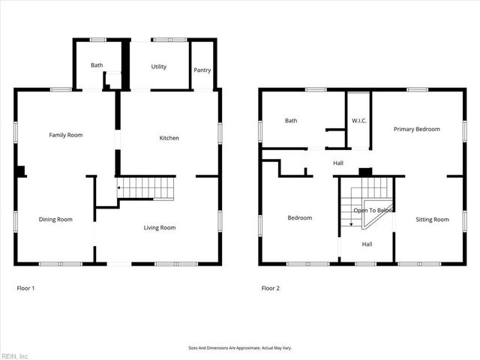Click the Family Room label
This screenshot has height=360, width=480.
click(65, 135)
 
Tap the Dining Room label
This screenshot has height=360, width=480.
click(55, 219)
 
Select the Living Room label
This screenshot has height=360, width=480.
click(160, 227)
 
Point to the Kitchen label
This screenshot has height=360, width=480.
click(169, 138)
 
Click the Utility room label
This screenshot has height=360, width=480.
click(158, 67)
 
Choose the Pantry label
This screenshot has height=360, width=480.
click(202, 70)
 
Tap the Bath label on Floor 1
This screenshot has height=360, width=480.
click(97, 65)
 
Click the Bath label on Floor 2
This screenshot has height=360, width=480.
click(291, 120)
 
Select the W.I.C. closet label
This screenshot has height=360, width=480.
click(358, 120)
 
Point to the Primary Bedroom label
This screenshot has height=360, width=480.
click(417, 129)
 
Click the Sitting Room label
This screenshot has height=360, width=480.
click(432, 219)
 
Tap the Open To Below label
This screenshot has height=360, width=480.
click(373, 211)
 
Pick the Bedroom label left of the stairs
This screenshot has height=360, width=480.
click(299, 217)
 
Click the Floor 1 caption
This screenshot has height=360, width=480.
click(25, 288)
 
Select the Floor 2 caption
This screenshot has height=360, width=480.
click(270, 288)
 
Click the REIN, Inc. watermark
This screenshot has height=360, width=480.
click(15, 355)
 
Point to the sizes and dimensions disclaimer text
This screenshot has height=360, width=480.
click(239, 348)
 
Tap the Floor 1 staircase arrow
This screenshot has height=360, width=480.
click(118, 187)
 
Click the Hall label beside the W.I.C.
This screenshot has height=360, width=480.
click(338, 162)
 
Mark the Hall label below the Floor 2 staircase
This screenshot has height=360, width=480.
click(367, 244)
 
